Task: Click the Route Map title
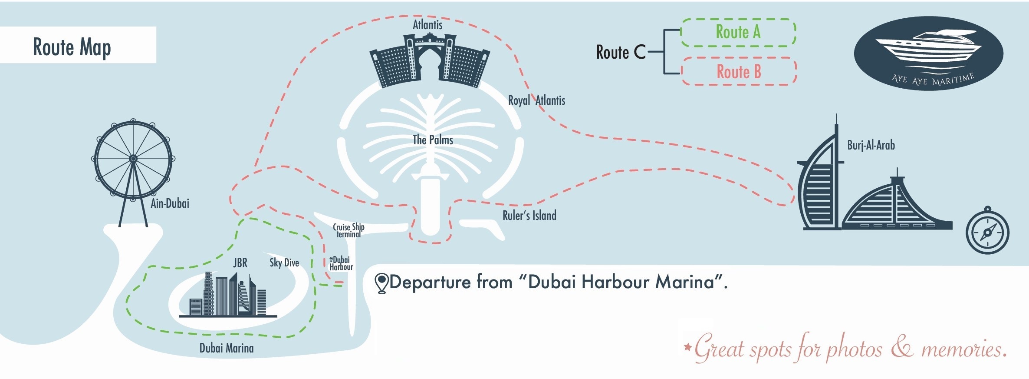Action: point(72,47)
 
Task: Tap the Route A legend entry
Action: point(738,32)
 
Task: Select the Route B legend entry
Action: point(739,72)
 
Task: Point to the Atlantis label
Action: point(427,25)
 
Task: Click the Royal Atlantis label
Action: point(536,100)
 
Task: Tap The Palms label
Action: point(433,140)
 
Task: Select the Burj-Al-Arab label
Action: point(871,145)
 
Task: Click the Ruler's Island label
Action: point(529,216)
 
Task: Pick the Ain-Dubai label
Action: point(170,203)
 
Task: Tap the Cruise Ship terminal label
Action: point(348,230)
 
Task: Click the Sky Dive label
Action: point(284,263)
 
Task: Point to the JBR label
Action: point(240,263)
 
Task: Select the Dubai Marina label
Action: point(227,348)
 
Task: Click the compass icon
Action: point(987,232)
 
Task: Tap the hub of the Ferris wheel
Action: point(133,159)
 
